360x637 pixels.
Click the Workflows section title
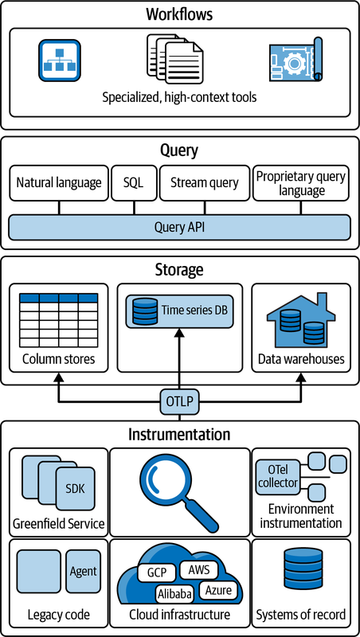(x=179, y=14)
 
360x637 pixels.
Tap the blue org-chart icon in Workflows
(x=60, y=61)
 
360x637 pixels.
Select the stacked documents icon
(x=174, y=58)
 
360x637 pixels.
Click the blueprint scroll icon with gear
(x=295, y=60)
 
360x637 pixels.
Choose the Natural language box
(x=59, y=183)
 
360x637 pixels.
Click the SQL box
(x=134, y=183)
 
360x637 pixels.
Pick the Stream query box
(x=205, y=183)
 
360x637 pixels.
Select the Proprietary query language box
(x=301, y=183)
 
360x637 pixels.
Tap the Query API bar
(x=179, y=227)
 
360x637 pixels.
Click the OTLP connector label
(x=179, y=403)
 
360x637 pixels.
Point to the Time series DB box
(x=179, y=311)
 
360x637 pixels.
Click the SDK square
(x=75, y=489)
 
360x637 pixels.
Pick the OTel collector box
(x=277, y=477)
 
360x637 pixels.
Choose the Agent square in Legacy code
(x=83, y=572)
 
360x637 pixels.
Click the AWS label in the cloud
(x=198, y=570)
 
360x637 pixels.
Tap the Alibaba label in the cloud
(x=174, y=594)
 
